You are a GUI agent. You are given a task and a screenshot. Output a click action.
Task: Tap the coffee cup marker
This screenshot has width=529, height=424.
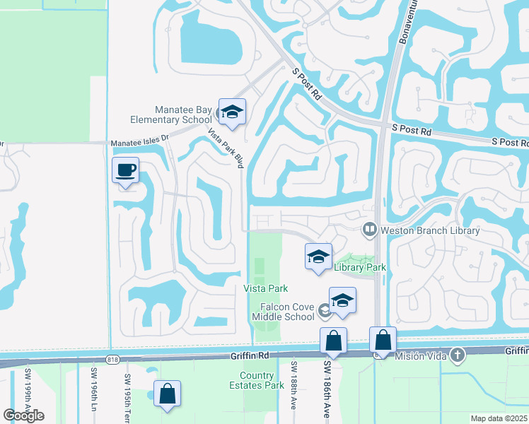pos(126,171)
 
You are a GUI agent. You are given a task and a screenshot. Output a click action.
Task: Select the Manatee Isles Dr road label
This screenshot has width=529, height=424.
pos(141,142)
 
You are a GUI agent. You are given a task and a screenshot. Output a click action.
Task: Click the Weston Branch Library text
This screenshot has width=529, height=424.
pos(430,230)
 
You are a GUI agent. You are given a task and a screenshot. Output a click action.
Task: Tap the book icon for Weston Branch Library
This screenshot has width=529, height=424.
pos(368,229)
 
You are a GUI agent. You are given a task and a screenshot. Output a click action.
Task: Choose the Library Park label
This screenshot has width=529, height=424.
pos(360,268)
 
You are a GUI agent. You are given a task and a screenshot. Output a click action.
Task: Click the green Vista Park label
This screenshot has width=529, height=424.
pos(265,288)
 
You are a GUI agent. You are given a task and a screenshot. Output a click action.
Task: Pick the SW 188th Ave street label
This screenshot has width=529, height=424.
pos(293,385)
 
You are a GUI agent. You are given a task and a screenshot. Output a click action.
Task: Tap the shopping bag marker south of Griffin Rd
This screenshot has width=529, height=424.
pos(167,394)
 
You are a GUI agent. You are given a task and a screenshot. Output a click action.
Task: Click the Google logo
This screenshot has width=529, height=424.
pos(23,415)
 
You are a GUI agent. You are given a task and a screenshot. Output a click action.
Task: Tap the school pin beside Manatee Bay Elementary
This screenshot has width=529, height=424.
pos(231,112)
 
